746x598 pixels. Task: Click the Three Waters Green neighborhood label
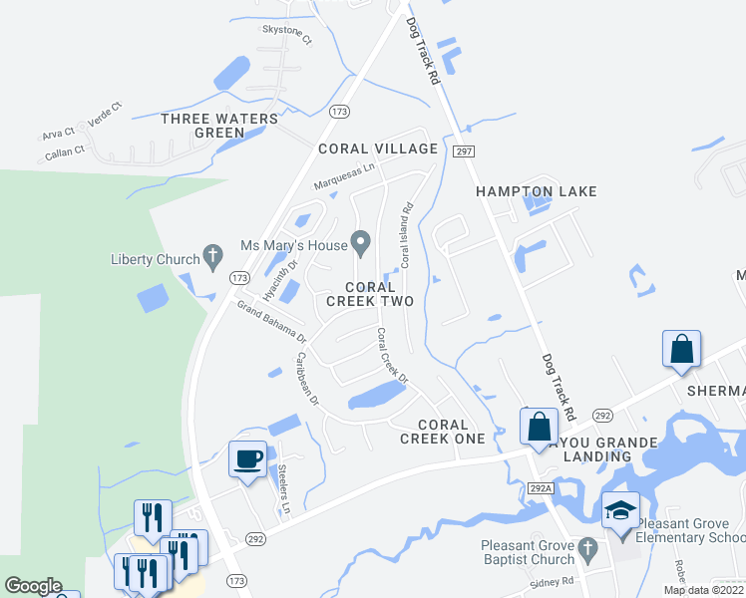(x=219, y=126)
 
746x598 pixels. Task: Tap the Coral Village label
(x=377, y=149)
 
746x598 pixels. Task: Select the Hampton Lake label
(x=536, y=191)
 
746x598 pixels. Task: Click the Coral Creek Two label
(x=371, y=294)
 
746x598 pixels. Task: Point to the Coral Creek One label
(x=442, y=432)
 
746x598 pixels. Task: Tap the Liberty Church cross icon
(x=212, y=258)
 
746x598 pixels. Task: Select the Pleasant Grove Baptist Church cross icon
(x=588, y=548)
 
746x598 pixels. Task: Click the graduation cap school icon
(x=620, y=511)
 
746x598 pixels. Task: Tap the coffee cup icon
(x=248, y=458)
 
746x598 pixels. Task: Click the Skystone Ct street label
(x=286, y=31)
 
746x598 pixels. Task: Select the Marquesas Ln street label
(x=344, y=173)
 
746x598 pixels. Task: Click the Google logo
(x=33, y=586)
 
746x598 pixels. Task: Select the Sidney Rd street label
(x=554, y=581)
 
